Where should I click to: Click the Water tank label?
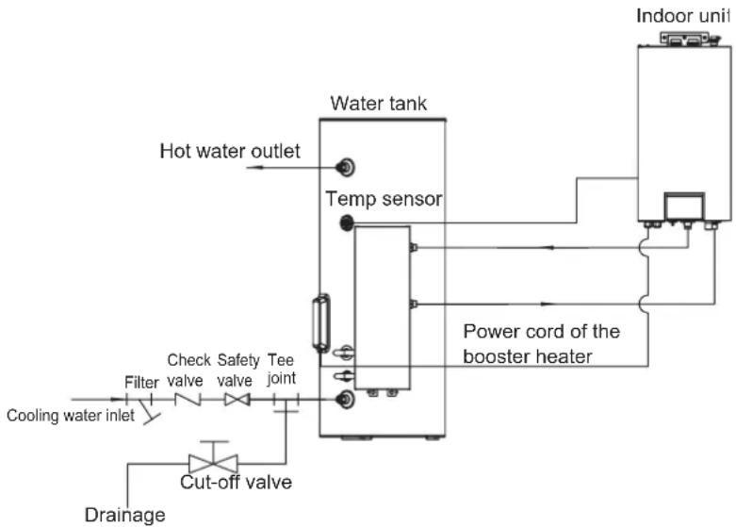(x=378, y=104)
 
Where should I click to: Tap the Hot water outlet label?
(x=230, y=151)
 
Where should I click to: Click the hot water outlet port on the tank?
(x=346, y=167)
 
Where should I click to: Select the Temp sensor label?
(x=384, y=199)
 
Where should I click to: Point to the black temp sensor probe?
(x=347, y=222)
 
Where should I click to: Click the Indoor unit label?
(x=683, y=16)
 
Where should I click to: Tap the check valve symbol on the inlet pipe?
(x=188, y=399)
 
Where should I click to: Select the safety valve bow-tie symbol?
(x=237, y=400)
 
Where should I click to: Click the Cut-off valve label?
(x=237, y=483)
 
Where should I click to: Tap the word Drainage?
(x=124, y=516)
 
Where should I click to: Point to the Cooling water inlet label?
(x=71, y=416)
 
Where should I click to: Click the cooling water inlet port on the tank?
(x=346, y=399)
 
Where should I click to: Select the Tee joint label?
(x=281, y=370)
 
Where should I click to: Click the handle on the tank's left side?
(x=321, y=323)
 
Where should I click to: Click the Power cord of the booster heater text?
(x=541, y=344)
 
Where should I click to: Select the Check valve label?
(x=188, y=371)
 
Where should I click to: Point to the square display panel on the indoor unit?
(x=684, y=206)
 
